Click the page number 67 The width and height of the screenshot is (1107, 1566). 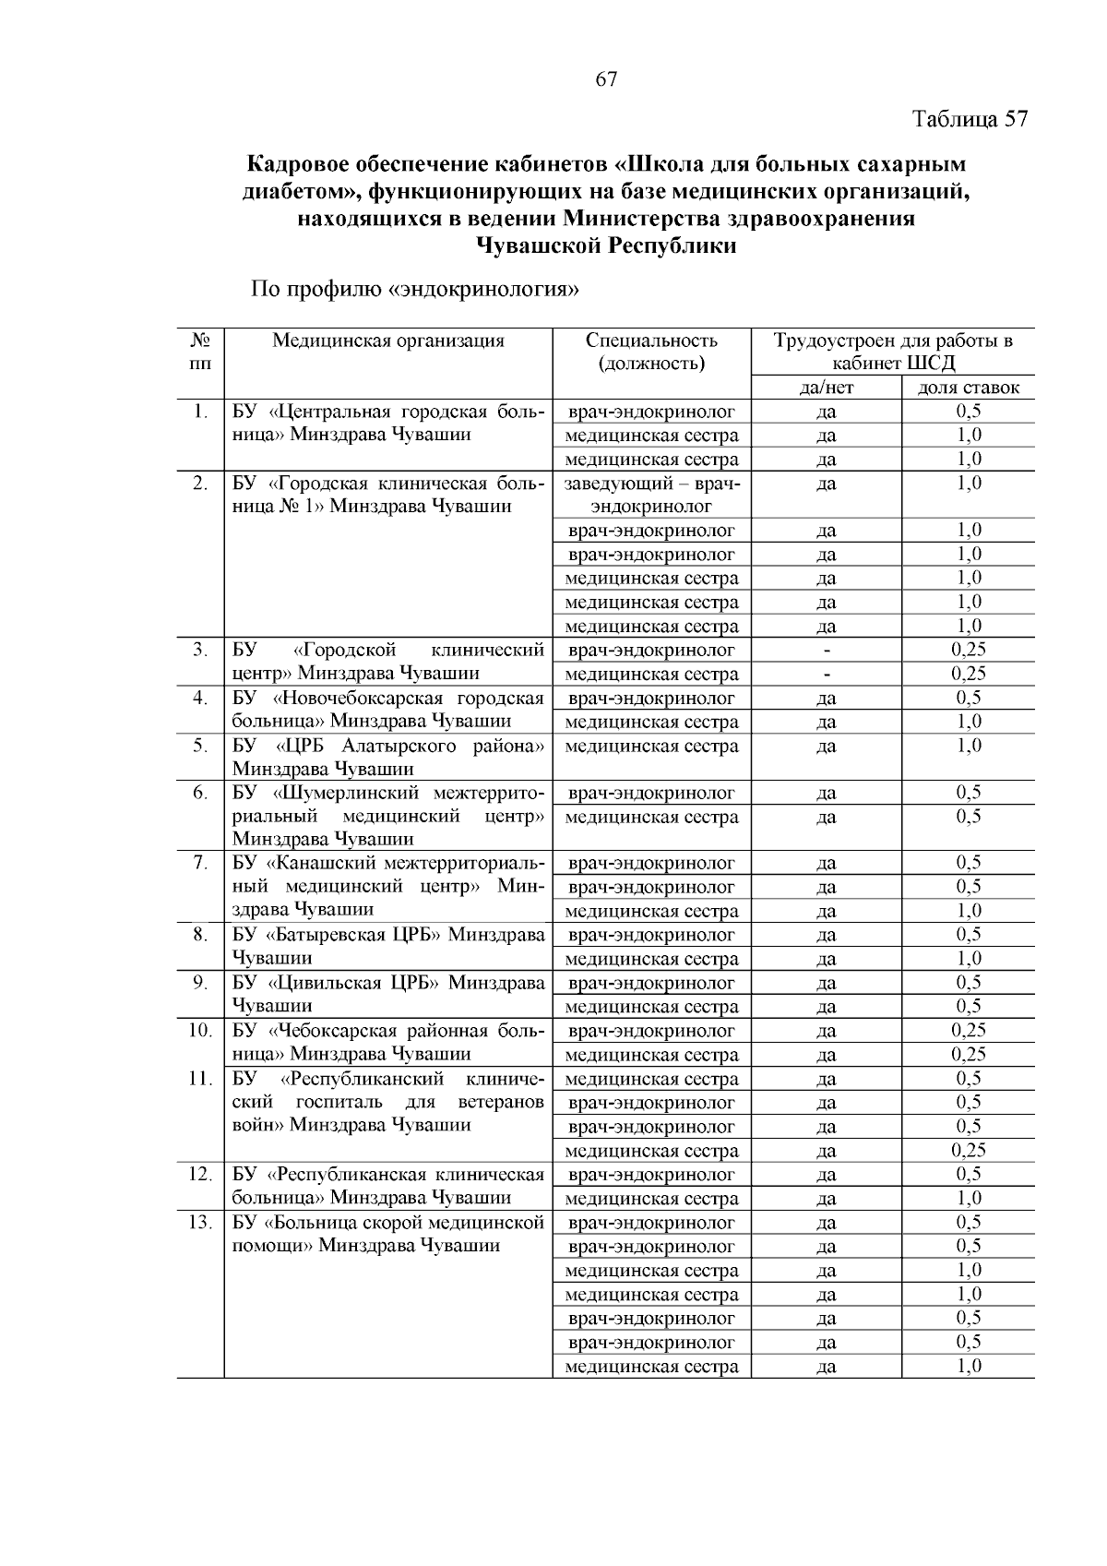(x=605, y=79)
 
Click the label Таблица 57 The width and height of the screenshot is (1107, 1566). (x=970, y=120)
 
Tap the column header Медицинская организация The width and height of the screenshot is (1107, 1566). (x=388, y=341)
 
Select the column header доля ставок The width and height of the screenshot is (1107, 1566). (x=968, y=388)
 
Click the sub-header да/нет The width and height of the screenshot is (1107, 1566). (x=826, y=388)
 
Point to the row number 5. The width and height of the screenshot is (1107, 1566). (x=200, y=746)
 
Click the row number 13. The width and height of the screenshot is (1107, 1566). (x=200, y=1223)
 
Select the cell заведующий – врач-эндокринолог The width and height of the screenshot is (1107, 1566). (x=651, y=495)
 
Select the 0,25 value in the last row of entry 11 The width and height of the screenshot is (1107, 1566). (x=968, y=1150)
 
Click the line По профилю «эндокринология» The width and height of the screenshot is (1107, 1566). (x=415, y=290)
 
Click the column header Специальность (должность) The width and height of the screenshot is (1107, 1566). (x=651, y=352)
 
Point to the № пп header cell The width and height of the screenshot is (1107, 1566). (x=200, y=352)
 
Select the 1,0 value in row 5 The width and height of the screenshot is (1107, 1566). (x=968, y=746)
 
